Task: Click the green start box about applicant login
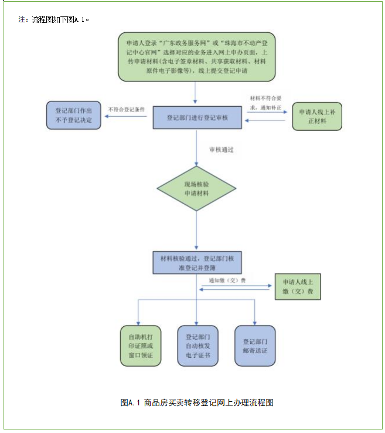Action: click(196, 57)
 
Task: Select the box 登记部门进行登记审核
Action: click(196, 117)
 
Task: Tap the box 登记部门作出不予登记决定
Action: click(74, 115)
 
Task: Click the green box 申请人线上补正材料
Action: click(317, 116)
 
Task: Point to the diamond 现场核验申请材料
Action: click(196, 188)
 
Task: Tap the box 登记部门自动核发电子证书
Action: click(197, 346)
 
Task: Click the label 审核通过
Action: click(222, 150)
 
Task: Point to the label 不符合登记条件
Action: click(127, 109)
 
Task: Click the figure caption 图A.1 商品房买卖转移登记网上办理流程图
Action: click(197, 402)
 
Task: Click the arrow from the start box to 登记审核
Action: click(196, 93)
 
